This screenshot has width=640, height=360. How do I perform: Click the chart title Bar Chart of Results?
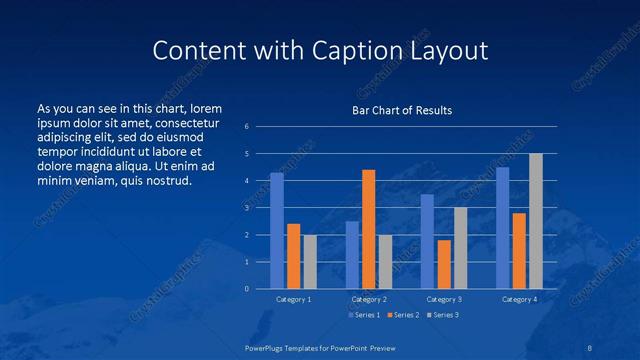click(402, 110)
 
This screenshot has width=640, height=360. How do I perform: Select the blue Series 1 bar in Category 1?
click(277, 231)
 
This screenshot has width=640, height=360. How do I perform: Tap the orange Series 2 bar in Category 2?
click(369, 229)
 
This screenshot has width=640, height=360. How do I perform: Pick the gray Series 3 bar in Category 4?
click(536, 221)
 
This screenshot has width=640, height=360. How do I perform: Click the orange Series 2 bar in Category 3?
click(444, 264)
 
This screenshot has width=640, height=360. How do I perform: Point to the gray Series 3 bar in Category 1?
click(310, 262)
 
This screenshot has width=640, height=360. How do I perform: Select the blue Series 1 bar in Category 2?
click(352, 255)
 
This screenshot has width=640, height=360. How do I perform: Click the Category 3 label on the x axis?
click(444, 299)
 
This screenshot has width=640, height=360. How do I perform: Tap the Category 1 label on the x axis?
click(294, 299)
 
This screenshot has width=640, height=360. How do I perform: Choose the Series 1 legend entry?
click(366, 315)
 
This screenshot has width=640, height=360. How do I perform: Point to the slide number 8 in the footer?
click(590, 346)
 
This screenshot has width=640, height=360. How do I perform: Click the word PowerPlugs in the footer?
click(267, 346)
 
